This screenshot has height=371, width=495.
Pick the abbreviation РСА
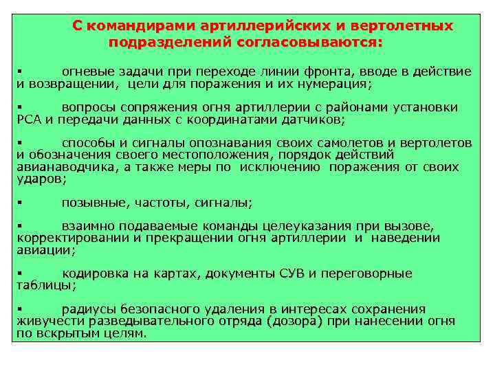click(29, 120)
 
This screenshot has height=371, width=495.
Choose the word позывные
click(91, 202)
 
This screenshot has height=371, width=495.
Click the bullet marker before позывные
click(20, 202)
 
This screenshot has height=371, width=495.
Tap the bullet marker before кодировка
click(20, 273)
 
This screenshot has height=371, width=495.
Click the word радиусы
click(86, 309)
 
